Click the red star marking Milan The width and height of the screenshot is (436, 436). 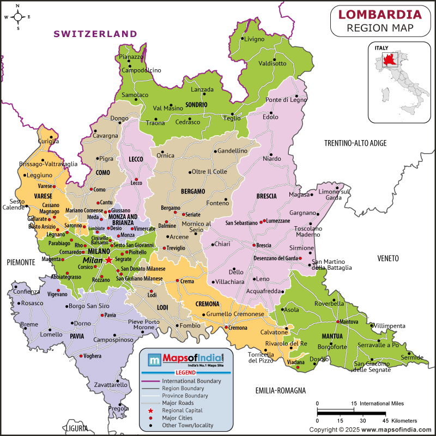pyautogui.click(x=108, y=261)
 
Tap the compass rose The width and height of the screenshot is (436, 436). pyautogui.click(x=18, y=17)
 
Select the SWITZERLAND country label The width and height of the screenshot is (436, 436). pyautogui.click(x=95, y=34)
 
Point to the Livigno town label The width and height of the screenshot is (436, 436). pyautogui.click(x=254, y=39)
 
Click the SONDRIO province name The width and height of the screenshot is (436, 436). pyautogui.click(x=196, y=104)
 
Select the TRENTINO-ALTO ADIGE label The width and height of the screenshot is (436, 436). pyautogui.click(x=355, y=143)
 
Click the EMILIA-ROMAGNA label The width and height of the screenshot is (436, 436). pyautogui.click(x=280, y=390)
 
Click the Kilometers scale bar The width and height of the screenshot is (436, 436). pyautogui.click(x=352, y=413)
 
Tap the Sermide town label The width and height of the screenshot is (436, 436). pyautogui.click(x=412, y=358)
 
